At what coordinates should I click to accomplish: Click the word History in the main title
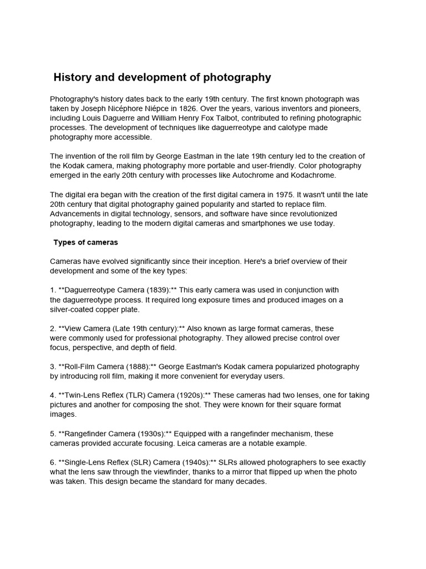click(74, 77)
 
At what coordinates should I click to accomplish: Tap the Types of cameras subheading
click(85, 242)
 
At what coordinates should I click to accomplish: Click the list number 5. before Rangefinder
click(53, 433)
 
